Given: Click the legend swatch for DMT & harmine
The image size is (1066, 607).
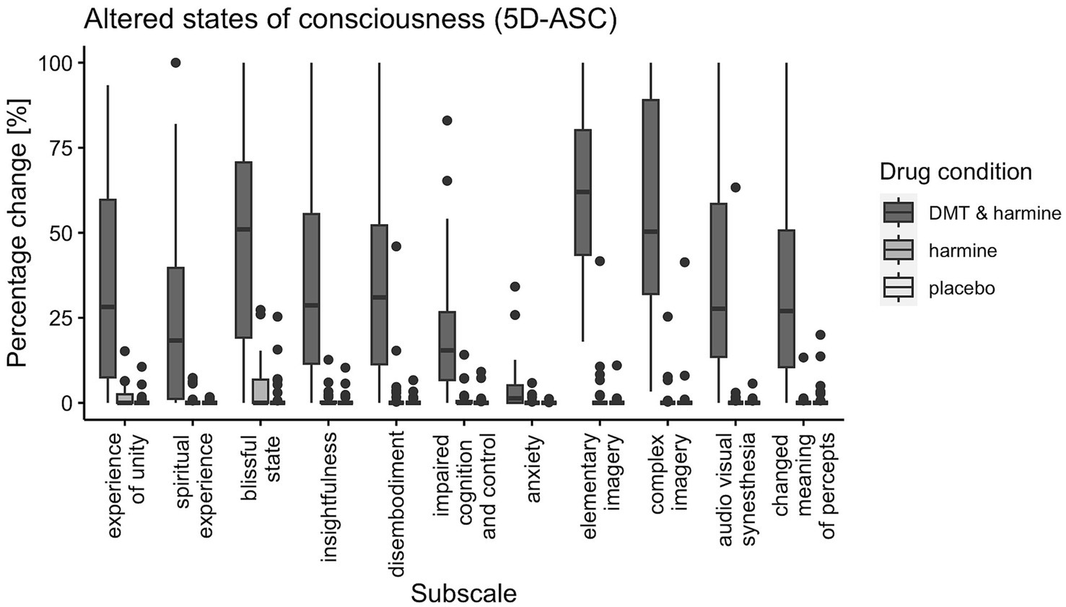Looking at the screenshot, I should pyautogui.click(x=899, y=212).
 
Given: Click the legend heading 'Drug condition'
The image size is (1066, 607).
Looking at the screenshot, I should pyautogui.click(x=955, y=172).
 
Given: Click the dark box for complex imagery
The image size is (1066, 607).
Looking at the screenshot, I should pyautogui.click(x=650, y=197).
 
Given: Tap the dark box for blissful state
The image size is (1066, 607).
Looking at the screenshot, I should pyautogui.click(x=244, y=249).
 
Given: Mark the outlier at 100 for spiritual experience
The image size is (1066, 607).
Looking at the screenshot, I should pyautogui.click(x=175, y=63).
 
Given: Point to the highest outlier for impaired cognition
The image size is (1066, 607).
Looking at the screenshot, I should pyautogui.click(x=447, y=121).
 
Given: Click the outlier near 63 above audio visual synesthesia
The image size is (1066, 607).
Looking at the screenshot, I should pyautogui.click(x=735, y=188).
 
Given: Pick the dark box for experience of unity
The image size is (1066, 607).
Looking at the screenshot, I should pyautogui.click(x=108, y=288).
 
